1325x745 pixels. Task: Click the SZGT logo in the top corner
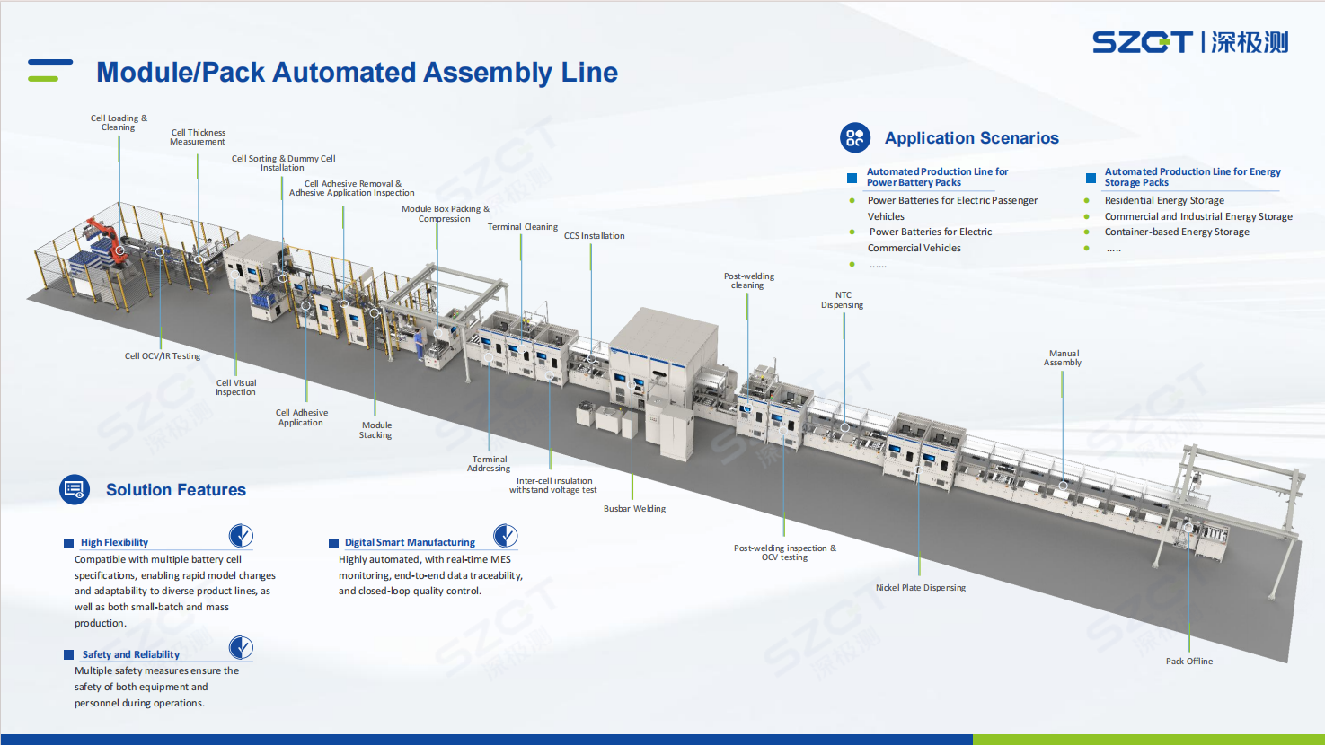(1190, 42)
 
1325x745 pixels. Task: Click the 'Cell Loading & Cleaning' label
(119, 122)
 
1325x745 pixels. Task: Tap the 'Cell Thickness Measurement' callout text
(198, 136)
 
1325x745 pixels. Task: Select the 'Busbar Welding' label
(634, 509)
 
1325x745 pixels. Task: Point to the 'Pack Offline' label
(1189, 661)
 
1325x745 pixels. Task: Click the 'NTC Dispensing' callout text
(843, 300)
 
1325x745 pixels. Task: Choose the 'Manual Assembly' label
(1063, 358)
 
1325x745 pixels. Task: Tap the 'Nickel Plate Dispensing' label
(921, 588)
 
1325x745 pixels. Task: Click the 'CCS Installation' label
(594, 236)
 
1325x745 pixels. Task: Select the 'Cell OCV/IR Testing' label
(162, 356)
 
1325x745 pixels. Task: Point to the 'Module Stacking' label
(375, 430)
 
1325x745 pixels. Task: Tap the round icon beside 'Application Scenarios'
(855, 137)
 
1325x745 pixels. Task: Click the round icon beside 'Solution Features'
(75, 489)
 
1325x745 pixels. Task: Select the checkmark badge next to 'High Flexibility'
(241, 536)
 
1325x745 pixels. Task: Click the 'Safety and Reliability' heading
(131, 654)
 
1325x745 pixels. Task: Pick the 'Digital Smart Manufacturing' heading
(410, 542)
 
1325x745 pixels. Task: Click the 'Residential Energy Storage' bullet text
(1164, 200)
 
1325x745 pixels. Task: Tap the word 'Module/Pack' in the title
(181, 72)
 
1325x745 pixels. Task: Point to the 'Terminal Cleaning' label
(522, 227)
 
